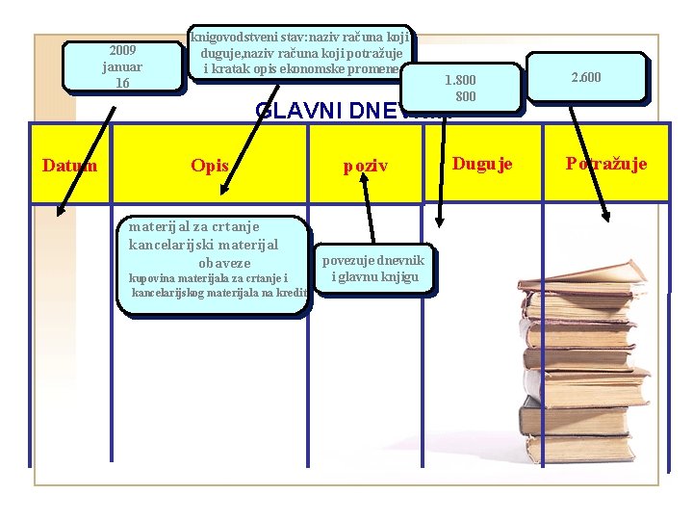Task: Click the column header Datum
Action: click(69, 165)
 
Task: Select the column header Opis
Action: click(210, 166)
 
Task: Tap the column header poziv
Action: click(366, 167)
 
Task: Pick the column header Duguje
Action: click(482, 164)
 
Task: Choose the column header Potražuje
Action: click(606, 164)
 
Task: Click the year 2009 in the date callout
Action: click(122, 50)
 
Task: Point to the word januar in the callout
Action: click(122, 66)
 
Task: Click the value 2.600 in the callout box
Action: click(585, 77)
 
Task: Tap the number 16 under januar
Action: click(122, 83)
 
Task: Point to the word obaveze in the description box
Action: click(223, 263)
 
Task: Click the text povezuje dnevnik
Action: click(373, 261)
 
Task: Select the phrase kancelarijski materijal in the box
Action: click(203, 245)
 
